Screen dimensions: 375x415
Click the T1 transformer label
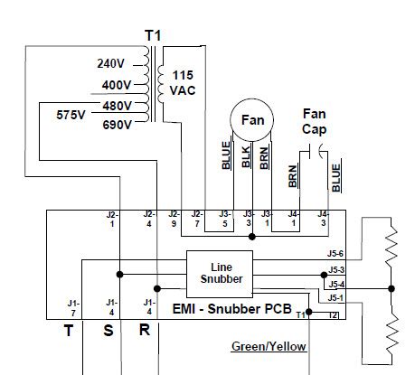click(x=152, y=35)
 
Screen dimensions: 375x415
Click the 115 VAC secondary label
click(x=184, y=83)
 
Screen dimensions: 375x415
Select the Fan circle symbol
click(x=251, y=120)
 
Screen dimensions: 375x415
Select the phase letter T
click(x=68, y=332)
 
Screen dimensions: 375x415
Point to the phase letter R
click(x=144, y=332)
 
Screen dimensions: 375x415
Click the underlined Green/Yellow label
click(x=269, y=346)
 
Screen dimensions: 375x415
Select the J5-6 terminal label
click(x=335, y=255)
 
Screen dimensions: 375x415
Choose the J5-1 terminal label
click(x=335, y=297)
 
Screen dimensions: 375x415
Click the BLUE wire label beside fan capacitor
click(x=336, y=176)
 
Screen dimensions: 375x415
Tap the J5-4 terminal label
click(x=335, y=284)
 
